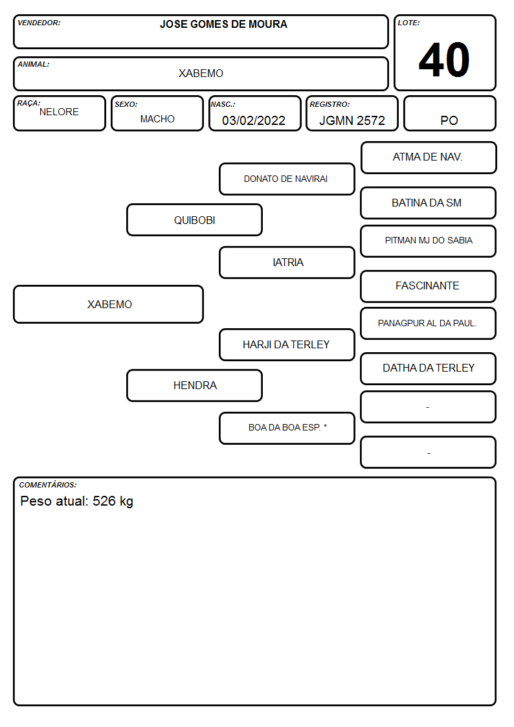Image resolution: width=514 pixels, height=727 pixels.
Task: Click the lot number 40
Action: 444,60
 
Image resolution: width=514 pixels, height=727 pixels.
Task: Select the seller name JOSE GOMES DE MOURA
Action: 223,24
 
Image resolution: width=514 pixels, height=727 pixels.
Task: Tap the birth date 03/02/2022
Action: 254,120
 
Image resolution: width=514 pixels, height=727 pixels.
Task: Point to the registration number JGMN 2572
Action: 352,120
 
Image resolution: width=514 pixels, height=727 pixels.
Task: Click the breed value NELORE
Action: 59,112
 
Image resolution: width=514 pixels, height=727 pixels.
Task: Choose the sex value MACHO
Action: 157,119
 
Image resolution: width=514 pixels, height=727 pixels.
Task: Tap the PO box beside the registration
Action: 449,113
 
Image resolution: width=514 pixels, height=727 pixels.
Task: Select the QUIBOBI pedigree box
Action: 194,219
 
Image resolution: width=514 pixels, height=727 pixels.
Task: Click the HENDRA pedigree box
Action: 194,385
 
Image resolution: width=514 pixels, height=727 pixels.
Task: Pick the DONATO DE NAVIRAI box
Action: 287,179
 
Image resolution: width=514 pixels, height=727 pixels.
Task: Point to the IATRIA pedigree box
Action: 287,262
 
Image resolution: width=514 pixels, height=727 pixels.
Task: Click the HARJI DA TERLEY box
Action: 287,344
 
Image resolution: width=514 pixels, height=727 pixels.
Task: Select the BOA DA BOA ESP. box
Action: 287,428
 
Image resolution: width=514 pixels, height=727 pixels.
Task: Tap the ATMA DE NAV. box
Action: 429,158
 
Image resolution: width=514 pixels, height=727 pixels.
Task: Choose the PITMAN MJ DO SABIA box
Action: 429,241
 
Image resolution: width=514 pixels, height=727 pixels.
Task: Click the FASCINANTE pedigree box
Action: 429,286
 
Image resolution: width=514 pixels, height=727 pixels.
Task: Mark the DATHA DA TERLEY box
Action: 429,368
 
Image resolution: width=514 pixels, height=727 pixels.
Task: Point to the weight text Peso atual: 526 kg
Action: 77,501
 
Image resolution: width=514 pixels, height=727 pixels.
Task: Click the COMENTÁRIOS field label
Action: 48,485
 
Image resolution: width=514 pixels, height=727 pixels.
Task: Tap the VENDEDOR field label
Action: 39,23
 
